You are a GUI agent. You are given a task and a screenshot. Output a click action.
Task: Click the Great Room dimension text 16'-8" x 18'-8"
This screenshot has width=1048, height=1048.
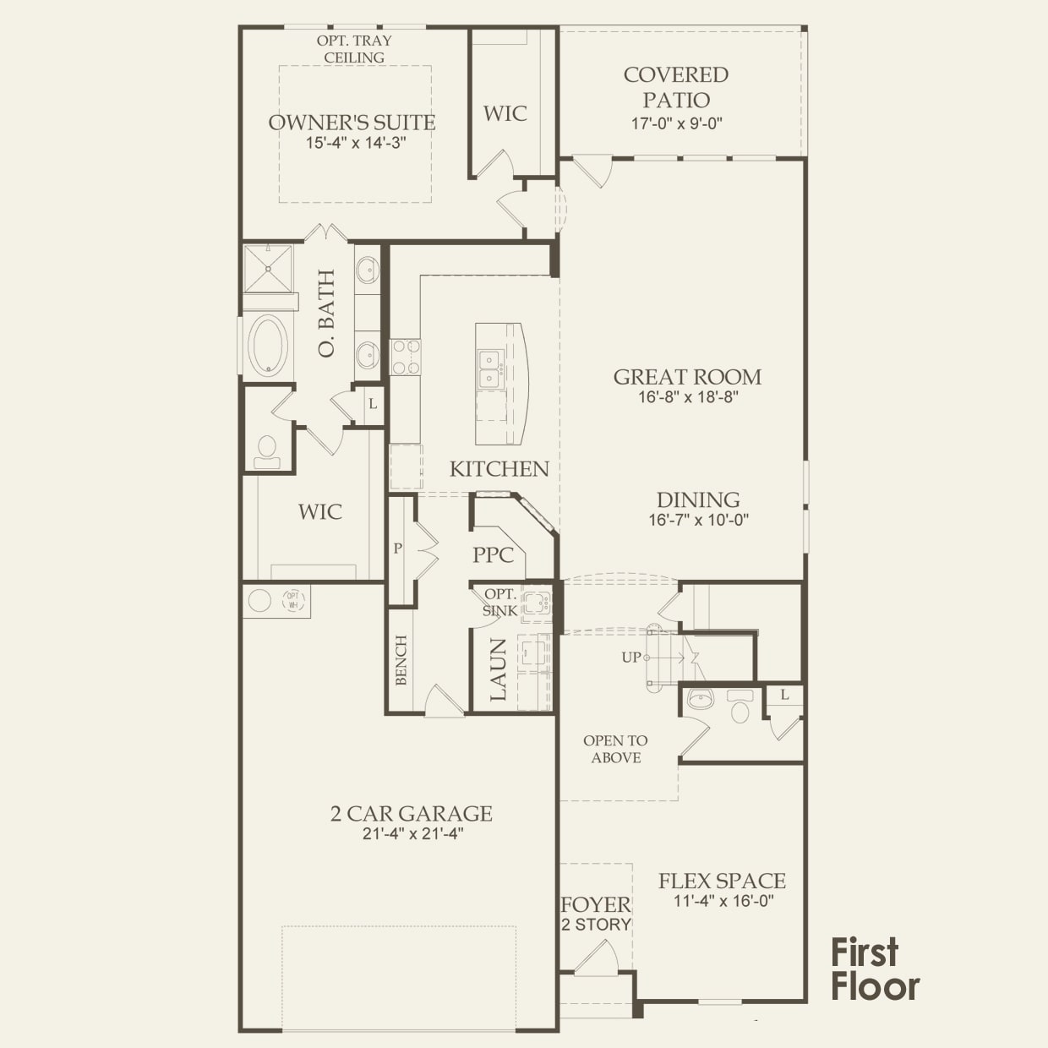click(x=688, y=397)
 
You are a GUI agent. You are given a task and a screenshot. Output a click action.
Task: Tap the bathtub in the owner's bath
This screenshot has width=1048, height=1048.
click(x=268, y=344)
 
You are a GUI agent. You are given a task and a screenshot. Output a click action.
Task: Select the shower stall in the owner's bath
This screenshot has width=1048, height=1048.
click(x=268, y=269)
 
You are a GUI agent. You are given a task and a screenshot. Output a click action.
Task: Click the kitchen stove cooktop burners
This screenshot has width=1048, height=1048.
click(x=406, y=357)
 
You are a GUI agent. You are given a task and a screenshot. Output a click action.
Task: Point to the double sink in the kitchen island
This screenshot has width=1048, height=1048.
click(x=490, y=369)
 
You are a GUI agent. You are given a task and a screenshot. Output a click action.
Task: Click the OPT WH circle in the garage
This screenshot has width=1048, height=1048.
click(x=293, y=600)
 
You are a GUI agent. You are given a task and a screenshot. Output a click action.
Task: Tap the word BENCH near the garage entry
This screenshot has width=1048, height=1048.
click(x=401, y=660)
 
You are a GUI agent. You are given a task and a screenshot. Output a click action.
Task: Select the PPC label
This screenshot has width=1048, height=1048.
click(x=494, y=554)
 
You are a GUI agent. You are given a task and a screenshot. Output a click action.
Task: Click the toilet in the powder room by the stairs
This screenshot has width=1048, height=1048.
click(x=740, y=707)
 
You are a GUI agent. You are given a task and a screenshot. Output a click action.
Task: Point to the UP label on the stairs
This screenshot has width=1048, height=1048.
click(x=630, y=658)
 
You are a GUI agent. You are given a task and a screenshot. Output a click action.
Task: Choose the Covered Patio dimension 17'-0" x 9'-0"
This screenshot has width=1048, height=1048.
click(x=676, y=123)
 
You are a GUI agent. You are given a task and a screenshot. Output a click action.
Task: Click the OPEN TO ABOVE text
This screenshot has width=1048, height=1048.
click(x=615, y=749)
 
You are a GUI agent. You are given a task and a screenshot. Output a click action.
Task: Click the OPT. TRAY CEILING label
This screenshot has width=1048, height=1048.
click(x=354, y=49)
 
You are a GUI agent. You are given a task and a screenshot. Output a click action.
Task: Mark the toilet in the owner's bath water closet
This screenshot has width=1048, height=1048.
click(x=267, y=452)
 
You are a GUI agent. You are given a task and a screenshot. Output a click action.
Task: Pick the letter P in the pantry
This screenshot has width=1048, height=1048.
click(x=398, y=549)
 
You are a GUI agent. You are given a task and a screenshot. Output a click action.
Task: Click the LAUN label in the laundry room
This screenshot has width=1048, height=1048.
click(x=498, y=669)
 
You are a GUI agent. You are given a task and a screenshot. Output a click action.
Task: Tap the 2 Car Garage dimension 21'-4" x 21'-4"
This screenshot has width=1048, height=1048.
click(x=412, y=833)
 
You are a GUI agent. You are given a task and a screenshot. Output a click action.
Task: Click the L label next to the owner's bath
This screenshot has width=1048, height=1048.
click(x=373, y=403)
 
